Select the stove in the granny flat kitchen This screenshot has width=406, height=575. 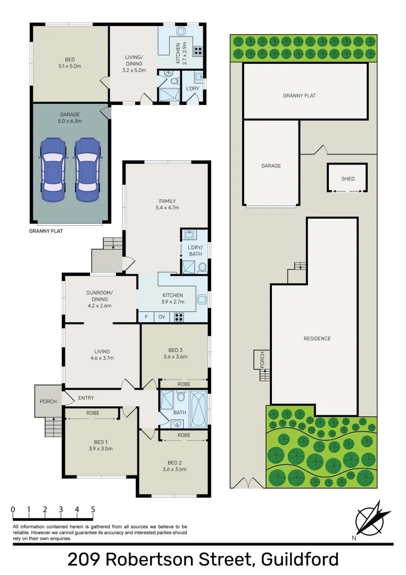[198, 51]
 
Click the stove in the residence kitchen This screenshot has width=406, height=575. [179, 317]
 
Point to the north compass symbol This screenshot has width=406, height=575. [369, 520]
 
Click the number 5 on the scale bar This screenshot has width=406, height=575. [93, 510]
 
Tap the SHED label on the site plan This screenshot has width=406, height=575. [347, 179]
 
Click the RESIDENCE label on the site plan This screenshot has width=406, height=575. [317, 339]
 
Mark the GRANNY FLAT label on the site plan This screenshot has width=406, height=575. [299, 96]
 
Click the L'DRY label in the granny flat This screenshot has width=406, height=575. [192, 88]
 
